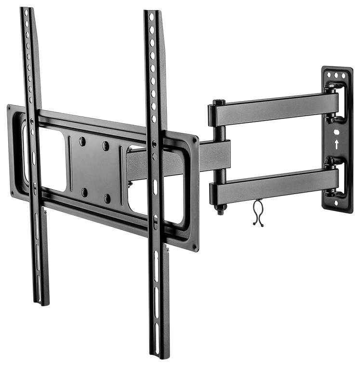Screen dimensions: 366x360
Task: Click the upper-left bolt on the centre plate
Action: point(82,141)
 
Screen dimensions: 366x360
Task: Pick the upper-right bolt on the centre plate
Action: point(106,145)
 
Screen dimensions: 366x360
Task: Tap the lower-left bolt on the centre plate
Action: point(84,192)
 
